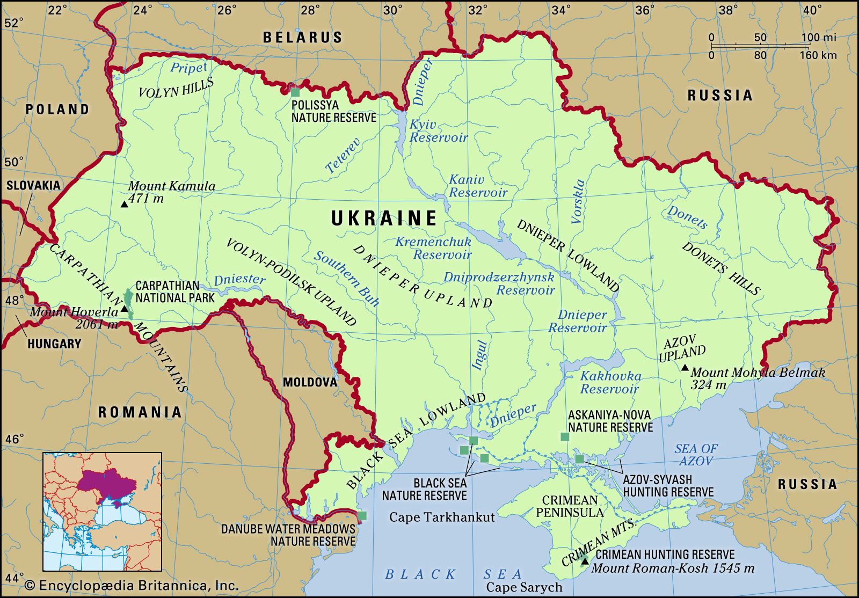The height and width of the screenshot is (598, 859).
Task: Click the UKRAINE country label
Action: coord(384,218)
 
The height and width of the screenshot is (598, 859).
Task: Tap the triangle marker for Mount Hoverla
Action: coord(125,309)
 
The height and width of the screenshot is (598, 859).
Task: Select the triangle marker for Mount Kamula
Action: coord(124,204)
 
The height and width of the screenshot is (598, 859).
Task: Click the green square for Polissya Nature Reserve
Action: coord(295,92)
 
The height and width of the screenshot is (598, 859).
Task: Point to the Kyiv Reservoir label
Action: coord(438,131)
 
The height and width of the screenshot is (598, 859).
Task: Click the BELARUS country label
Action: coord(302,37)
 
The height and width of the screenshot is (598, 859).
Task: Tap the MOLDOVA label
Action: coord(310,382)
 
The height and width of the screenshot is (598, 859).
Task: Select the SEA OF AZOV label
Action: coord(696,455)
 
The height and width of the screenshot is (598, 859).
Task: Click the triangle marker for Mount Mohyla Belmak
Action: coord(685,368)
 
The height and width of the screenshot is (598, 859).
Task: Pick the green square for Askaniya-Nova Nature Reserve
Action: coord(565,436)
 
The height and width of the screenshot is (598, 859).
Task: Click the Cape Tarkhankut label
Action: coord(441,517)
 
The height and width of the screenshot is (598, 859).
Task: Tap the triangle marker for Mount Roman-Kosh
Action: coord(585,561)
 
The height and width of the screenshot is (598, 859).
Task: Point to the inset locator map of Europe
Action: coord(102,511)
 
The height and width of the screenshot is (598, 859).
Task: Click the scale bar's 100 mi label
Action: coord(819,38)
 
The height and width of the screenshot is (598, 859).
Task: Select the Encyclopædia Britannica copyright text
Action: coord(132,585)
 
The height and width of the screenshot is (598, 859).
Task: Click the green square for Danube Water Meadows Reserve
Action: coord(362,516)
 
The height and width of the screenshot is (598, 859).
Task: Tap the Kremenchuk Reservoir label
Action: coord(434,248)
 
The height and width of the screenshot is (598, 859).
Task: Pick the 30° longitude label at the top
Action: coord(393,10)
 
